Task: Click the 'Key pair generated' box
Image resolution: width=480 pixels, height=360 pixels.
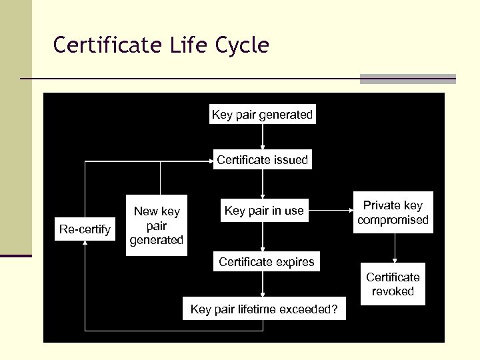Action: [262, 115]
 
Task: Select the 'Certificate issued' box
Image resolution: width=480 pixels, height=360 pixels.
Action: [262, 160]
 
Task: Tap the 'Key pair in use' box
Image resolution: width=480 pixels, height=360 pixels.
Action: [264, 211]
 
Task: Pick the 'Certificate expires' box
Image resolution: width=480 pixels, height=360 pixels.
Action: [266, 262]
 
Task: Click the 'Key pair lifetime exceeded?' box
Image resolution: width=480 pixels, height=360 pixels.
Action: [264, 309]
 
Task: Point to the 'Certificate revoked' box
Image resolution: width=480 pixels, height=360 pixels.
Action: [393, 285]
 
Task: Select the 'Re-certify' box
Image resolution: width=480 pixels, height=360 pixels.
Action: [85, 229]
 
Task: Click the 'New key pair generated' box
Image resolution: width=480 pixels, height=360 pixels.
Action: [157, 225]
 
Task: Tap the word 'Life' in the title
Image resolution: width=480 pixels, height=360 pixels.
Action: [186, 45]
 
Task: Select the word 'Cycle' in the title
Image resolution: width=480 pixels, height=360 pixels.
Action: [243, 45]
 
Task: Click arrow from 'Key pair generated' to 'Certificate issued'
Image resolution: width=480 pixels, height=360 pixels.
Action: [263, 137]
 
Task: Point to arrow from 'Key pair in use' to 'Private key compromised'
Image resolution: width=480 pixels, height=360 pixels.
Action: [331, 211]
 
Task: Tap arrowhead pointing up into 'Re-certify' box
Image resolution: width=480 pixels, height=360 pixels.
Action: [85, 243]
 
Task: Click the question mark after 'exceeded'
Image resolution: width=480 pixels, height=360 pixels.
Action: [334, 309]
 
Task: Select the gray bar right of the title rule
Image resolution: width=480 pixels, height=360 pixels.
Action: [408, 79]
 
